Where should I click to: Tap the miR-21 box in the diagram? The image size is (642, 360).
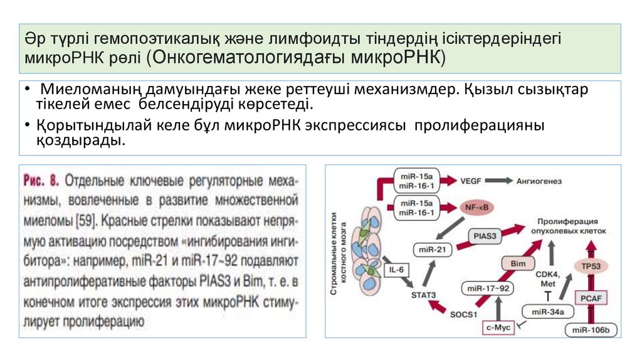(432, 250)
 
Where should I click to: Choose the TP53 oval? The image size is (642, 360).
(591, 267)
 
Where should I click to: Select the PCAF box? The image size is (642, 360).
(591, 299)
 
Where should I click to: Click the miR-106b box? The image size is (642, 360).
(591, 329)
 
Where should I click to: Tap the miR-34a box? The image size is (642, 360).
(544, 311)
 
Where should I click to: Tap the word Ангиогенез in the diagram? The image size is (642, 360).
(539, 181)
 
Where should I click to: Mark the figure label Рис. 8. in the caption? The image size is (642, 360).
(41, 181)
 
